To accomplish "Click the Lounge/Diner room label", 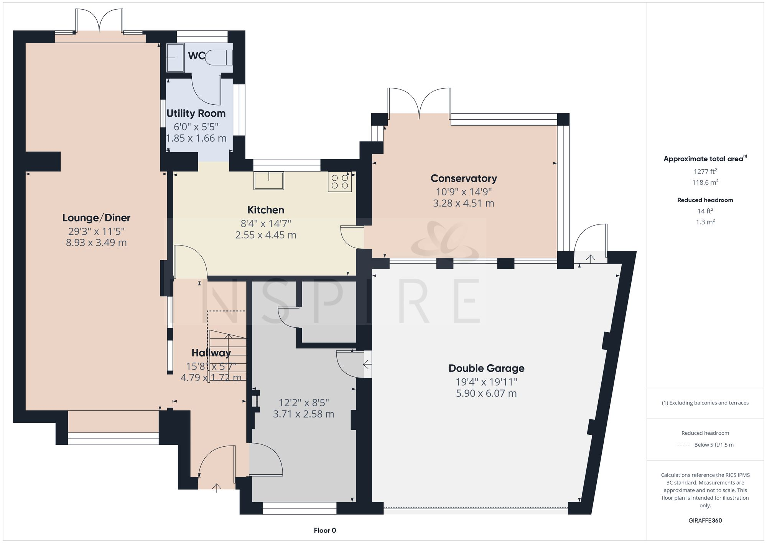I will coord(96,218).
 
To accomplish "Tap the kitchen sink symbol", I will coord(268,180).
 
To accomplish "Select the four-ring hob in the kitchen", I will coord(340,182).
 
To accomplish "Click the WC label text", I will coord(196,56).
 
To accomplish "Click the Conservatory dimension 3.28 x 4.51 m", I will coord(463,203).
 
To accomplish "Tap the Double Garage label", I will coord(486,368).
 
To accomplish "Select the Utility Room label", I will coord(196,114).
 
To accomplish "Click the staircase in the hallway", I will coord(227,355).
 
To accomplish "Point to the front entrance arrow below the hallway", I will coord(217,488).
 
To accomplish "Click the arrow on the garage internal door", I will coord(367,364).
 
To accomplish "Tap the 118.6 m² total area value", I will coord(705,183).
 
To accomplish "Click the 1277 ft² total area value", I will coord(705,172).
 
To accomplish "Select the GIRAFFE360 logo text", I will coord(705,521).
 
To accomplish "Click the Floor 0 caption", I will coord(325,531).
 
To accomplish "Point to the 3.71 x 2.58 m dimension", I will coord(303,414).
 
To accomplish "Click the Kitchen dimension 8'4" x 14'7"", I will coord(266,223).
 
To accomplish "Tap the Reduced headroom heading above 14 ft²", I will coord(705,200).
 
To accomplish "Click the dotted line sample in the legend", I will coord(683,445).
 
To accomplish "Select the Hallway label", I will coord(211,353).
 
